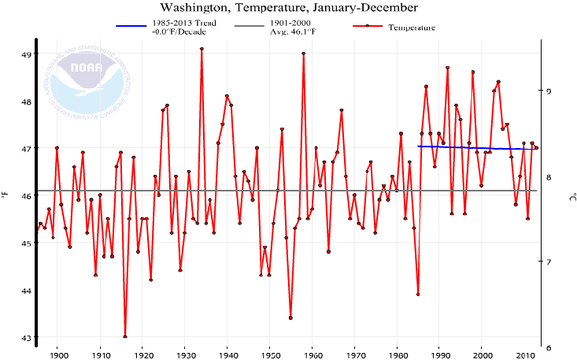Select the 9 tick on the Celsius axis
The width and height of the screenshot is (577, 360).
pos(549,91)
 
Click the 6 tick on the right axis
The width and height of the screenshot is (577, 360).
pos(549,347)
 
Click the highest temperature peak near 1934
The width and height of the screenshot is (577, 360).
pos(202,49)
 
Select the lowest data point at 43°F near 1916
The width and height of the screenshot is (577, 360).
pos(125,337)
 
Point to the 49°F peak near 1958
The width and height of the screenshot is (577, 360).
pos(304,54)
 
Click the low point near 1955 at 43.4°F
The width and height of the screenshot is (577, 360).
pos(290,317)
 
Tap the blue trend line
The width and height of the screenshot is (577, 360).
pos(472,147)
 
